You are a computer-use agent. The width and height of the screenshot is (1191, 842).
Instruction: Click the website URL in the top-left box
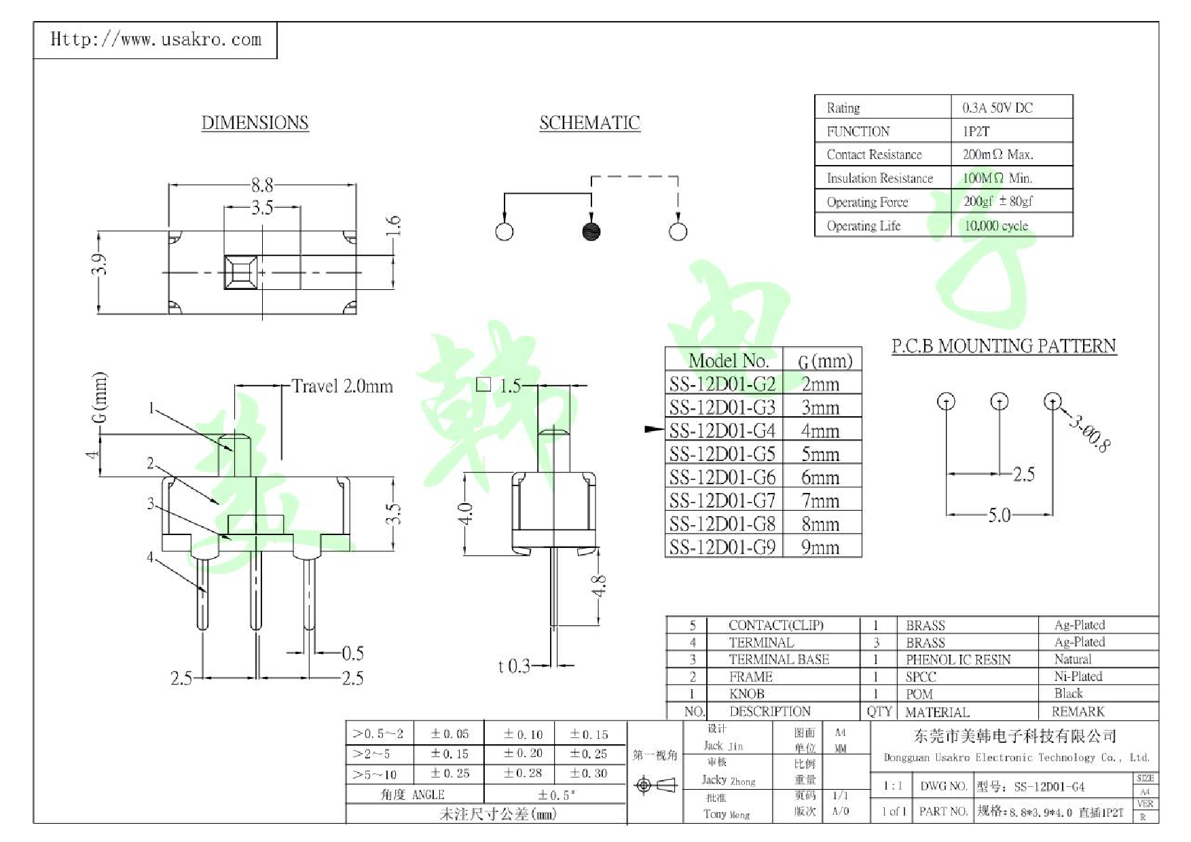(155, 39)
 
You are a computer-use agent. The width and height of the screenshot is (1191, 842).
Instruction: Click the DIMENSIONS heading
(255, 123)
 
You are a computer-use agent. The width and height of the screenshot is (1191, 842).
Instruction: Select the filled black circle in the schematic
(591, 232)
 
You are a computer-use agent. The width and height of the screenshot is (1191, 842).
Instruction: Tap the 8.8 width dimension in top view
(262, 185)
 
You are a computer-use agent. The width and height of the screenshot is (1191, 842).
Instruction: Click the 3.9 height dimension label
(100, 264)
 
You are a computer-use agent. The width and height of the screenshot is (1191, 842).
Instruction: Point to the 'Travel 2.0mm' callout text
(342, 386)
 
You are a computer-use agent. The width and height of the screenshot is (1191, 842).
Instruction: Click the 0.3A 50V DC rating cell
(997, 108)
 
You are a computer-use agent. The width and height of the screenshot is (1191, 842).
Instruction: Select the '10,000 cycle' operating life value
(996, 226)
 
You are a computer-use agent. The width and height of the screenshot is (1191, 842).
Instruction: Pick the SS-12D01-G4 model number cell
(722, 431)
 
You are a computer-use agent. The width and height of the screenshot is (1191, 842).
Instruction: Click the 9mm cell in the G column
(820, 547)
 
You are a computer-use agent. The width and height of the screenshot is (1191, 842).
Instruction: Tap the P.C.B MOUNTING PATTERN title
(1004, 346)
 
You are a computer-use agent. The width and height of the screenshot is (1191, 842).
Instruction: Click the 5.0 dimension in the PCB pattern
(999, 515)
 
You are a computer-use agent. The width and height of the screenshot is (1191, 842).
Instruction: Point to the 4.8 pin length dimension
(598, 585)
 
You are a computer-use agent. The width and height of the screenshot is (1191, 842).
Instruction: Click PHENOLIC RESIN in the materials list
(957, 659)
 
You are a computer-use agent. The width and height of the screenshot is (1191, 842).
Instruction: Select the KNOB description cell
(747, 694)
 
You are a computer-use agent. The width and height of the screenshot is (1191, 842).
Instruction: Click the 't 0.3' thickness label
(513, 666)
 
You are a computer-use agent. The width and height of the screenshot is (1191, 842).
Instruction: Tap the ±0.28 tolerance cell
(523, 773)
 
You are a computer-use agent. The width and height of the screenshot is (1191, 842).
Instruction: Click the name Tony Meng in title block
(726, 814)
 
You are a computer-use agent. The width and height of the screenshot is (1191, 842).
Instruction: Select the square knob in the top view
(241, 272)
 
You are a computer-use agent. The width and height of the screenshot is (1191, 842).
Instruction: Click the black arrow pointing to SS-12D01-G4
(654, 429)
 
